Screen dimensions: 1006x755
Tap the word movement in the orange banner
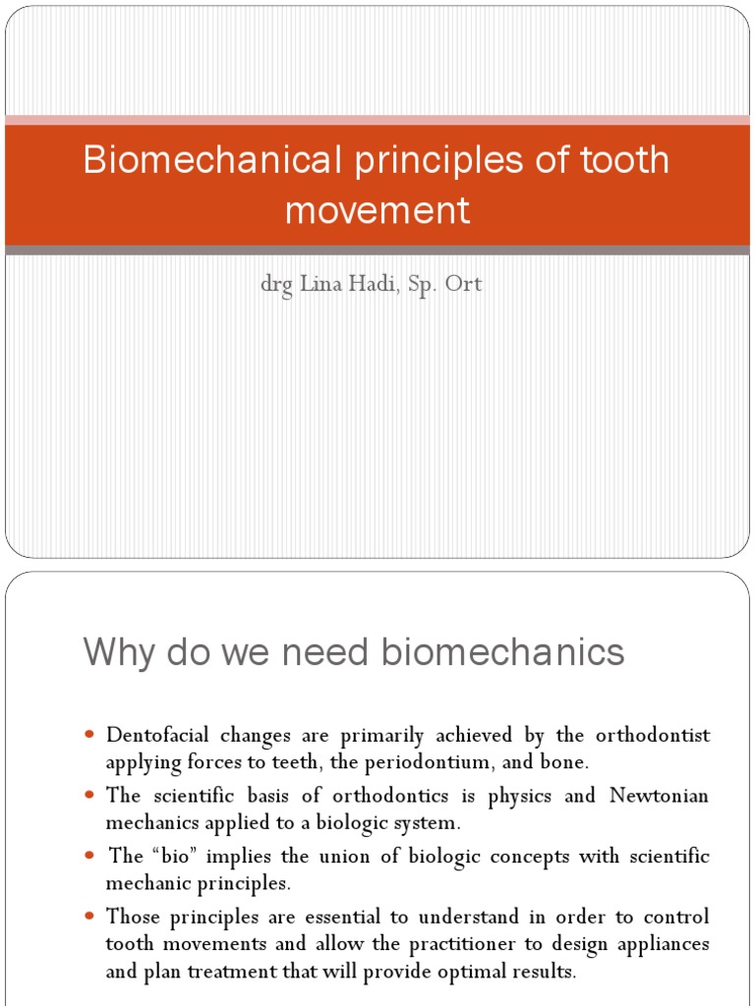pos(377,209)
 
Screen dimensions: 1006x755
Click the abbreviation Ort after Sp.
pos(464,286)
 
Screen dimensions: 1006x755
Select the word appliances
pos(660,945)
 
